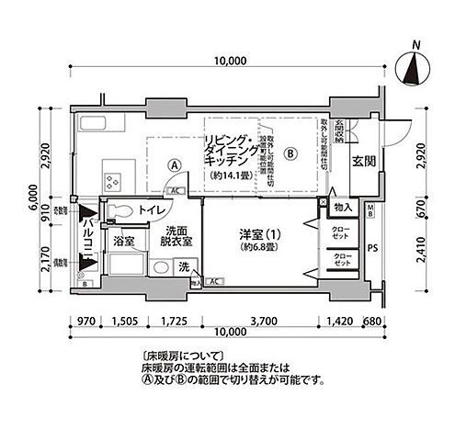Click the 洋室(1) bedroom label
(x=260, y=233)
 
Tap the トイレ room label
(x=147, y=210)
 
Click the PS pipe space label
(x=371, y=246)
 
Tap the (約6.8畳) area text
(x=260, y=247)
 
